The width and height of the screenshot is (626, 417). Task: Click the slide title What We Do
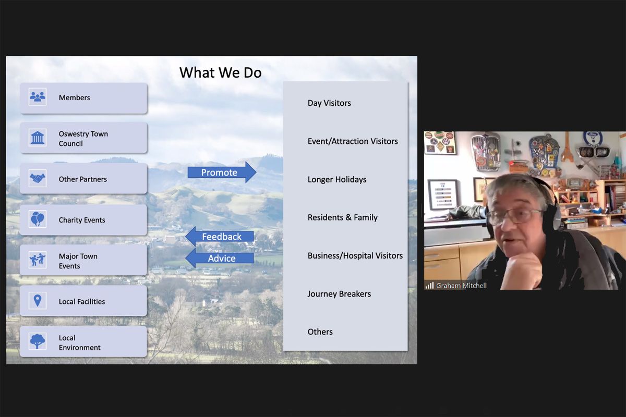tap(221, 72)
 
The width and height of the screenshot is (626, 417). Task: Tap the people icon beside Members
tap(38, 96)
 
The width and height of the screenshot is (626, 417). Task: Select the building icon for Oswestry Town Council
tap(38, 138)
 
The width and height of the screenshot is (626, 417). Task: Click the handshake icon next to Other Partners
tap(38, 178)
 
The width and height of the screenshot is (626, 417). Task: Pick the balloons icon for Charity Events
tap(38, 219)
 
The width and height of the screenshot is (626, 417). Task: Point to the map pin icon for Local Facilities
tap(38, 301)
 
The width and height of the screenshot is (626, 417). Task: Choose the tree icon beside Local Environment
tap(38, 341)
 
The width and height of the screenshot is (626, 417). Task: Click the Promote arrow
tap(222, 173)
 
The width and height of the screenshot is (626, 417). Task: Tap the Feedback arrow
tap(220, 237)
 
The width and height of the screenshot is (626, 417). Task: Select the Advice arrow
tap(220, 258)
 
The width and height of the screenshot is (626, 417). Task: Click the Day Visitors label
tap(329, 103)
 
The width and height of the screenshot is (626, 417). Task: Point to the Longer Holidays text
tap(337, 179)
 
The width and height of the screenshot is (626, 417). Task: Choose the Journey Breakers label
tap(339, 294)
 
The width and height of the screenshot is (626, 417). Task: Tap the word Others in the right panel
tap(320, 332)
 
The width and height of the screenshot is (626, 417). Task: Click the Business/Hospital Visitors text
tap(355, 255)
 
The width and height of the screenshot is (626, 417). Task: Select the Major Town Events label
tap(78, 261)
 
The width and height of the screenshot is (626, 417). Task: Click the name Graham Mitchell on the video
tap(461, 286)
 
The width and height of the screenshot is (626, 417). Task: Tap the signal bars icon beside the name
tap(429, 286)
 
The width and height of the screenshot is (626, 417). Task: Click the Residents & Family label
tap(343, 217)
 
